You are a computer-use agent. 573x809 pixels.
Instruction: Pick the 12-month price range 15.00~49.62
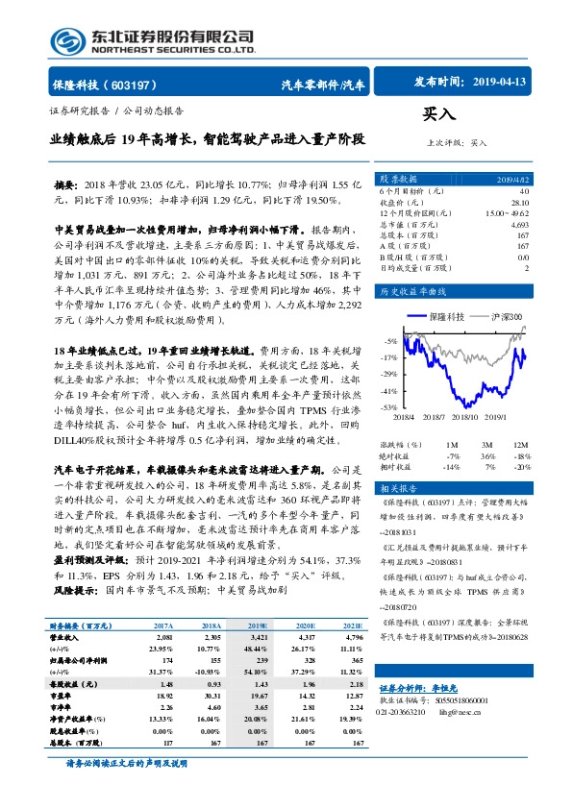(x=506, y=211)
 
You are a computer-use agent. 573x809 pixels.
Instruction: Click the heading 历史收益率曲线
(x=414, y=289)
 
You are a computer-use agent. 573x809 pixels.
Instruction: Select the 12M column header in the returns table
(x=521, y=445)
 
